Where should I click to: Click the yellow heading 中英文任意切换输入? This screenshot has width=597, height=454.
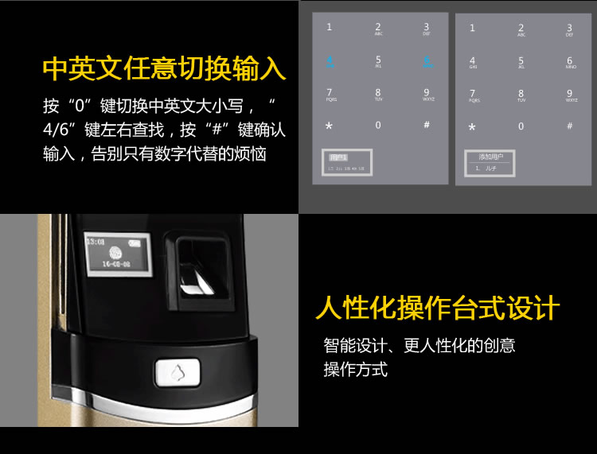click(x=163, y=68)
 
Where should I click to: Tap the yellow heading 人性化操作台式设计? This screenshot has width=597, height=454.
click(x=438, y=308)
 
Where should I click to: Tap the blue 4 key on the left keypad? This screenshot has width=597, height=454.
click(x=330, y=60)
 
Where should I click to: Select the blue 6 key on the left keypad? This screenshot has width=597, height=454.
click(x=427, y=60)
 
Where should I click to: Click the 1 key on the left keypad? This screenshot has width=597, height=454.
click(x=330, y=27)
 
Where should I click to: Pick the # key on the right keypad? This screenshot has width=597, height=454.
click(x=570, y=126)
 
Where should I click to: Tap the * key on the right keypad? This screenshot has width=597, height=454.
click(x=472, y=127)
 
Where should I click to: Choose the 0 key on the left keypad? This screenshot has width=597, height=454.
click(x=378, y=125)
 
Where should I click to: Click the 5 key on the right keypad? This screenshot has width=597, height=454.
click(x=521, y=62)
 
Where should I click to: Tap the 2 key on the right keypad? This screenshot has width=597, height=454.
click(x=521, y=29)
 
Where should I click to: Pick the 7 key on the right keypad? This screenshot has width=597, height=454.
click(x=473, y=95)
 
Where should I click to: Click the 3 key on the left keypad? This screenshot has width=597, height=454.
click(x=427, y=28)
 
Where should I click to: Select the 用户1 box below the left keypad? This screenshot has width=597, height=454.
click(x=338, y=157)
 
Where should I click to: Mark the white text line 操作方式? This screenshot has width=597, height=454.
click(x=355, y=370)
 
